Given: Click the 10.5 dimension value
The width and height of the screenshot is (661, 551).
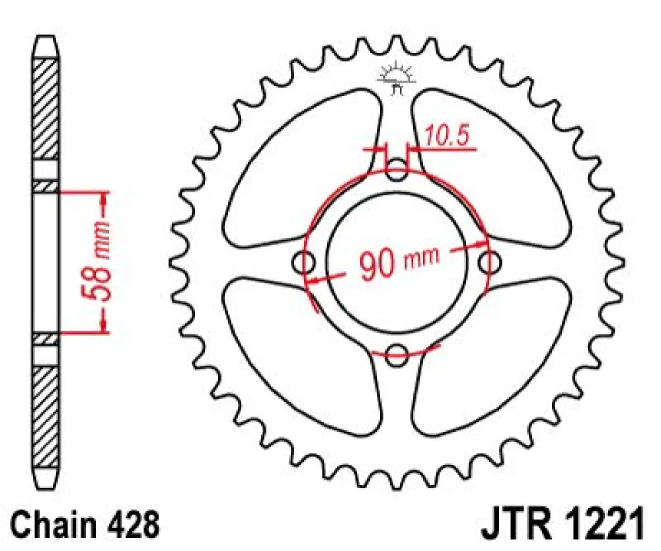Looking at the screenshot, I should click(x=449, y=138).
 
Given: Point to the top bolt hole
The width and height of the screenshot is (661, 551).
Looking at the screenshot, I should click(x=397, y=170).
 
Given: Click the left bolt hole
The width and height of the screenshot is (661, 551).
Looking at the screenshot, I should click(x=304, y=263).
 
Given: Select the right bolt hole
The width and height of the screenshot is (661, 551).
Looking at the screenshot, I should click(x=489, y=263).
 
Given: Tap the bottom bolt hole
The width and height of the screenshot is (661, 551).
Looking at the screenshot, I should click(x=397, y=355).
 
